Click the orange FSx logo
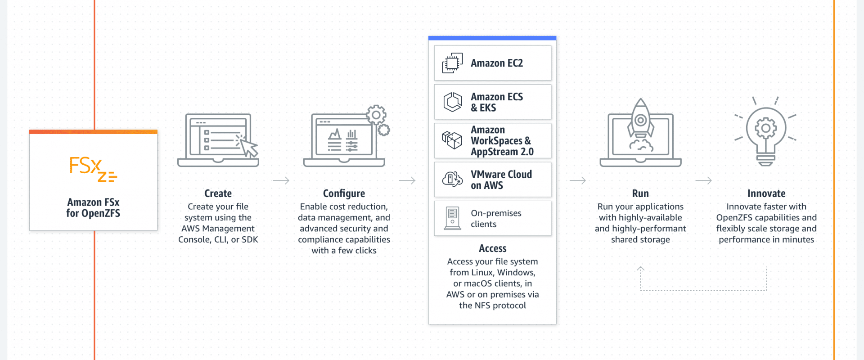93,169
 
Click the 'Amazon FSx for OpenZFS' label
93,207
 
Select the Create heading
218,193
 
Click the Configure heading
344,193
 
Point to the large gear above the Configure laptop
376,115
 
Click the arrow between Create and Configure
281,180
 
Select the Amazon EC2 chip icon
452,63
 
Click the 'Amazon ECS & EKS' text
497,102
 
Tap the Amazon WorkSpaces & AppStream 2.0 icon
452,140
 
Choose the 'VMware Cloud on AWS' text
501,180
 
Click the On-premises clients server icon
452,218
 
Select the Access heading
492,248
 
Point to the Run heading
640,193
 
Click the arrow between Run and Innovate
703,180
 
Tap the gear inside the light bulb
765,128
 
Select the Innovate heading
766,193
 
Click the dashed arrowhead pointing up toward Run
640,269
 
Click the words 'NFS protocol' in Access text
500,306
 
